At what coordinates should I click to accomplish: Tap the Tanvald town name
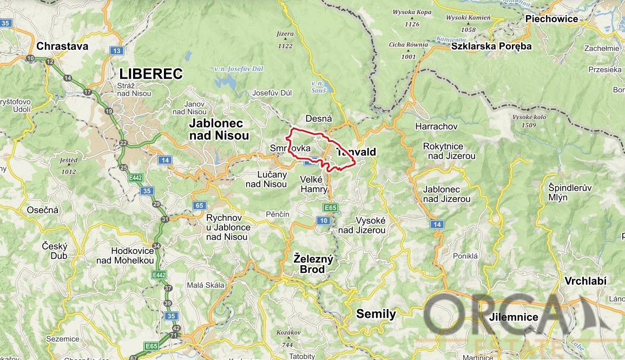point(356,153)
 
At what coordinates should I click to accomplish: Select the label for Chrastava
point(62,46)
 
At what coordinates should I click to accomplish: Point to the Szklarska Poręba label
point(492,46)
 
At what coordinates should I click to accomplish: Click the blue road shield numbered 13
point(116,50)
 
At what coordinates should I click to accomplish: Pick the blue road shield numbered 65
point(200,205)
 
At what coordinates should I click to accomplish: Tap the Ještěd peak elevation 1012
point(69,172)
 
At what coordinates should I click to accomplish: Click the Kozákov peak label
point(288,332)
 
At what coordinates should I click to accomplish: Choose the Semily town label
point(376,314)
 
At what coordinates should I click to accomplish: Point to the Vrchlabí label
point(585,281)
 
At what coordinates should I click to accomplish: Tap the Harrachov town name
point(436,126)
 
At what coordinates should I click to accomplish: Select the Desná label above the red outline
point(319,118)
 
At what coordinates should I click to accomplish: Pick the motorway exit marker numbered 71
point(173,336)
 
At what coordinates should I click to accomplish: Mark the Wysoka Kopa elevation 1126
point(411,24)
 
